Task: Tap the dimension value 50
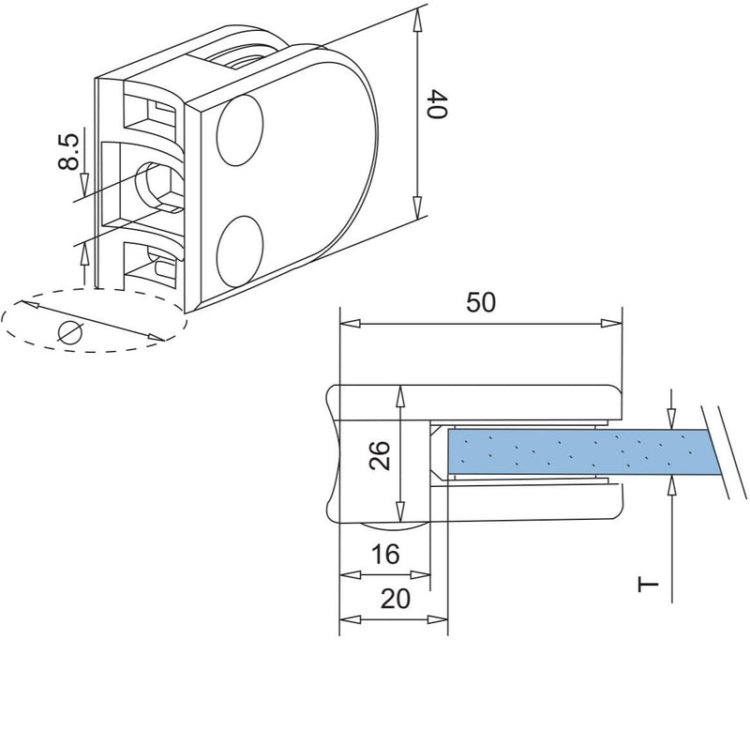pyautogui.click(x=479, y=302)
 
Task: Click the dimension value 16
pyautogui.click(x=384, y=554)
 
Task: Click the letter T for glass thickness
pyautogui.click(x=647, y=585)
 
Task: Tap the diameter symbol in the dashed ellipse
pyautogui.click(x=70, y=331)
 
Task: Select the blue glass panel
pyautogui.click(x=581, y=452)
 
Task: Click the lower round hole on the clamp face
pyautogui.click(x=241, y=252)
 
